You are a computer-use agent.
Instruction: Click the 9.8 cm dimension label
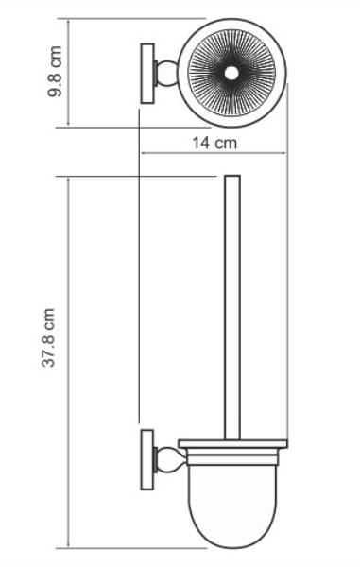(x=55, y=71)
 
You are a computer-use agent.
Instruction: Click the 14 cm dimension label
(x=214, y=143)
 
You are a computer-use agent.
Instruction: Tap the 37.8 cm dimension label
(x=48, y=337)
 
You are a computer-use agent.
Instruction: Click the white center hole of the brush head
(x=231, y=74)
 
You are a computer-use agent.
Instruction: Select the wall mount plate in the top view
(x=147, y=74)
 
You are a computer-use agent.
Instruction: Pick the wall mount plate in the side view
(x=147, y=459)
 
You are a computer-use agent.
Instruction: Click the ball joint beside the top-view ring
(x=168, y=74)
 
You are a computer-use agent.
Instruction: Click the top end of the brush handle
(x=232, y=176)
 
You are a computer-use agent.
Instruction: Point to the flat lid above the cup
(x=232, y=444)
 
